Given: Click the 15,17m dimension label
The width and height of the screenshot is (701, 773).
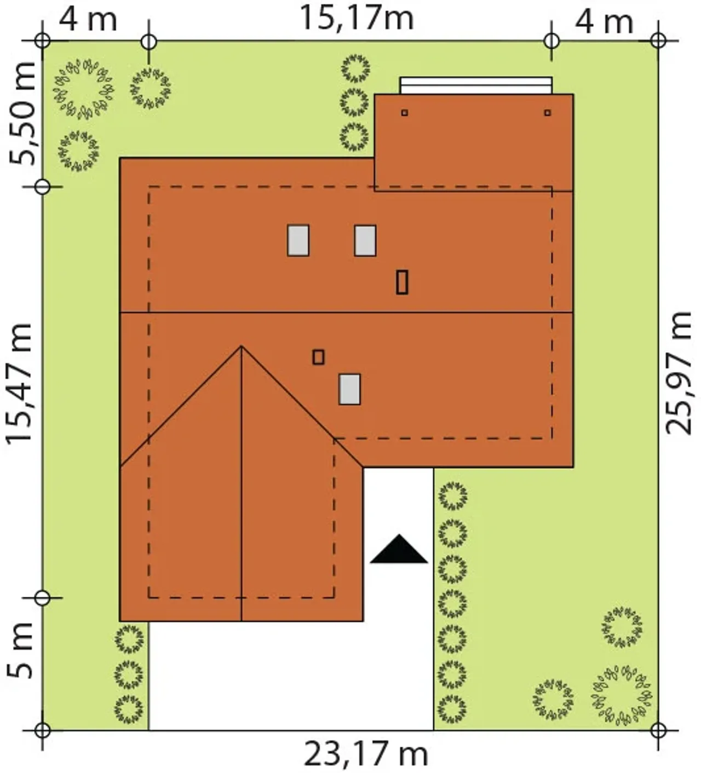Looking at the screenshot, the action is click(x=357, y=18).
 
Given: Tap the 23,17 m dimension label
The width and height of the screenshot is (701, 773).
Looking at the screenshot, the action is click(x=366, y=755).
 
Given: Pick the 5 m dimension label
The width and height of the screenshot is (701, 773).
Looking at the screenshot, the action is click(x=19, y=650).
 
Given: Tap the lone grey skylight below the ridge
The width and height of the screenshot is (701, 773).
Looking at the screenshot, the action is click(x=350, y=389).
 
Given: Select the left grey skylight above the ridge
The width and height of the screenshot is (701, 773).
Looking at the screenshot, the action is click(x=298, y=240).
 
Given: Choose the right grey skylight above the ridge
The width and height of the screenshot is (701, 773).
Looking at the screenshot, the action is click(x=365, y=240).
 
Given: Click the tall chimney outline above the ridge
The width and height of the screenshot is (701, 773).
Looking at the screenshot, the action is click(x=402, y=282).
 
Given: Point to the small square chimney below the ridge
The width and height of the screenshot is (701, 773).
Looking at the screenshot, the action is click(x=319, y=357).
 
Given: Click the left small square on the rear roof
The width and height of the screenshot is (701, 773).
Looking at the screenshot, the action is click(x=405, y=113).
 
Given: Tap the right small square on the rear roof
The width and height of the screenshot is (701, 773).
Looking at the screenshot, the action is click(x=548, y=113).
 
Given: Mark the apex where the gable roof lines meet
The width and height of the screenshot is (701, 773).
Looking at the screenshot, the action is click(x=242, y=347).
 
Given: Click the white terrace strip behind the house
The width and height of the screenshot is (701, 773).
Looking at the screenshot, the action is click(x=476, y=85).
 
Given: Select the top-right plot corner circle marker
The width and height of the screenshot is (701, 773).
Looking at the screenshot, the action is click(x=658, y=41).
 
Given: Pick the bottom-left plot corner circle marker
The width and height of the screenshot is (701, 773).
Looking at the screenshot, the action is click(x=42, y=730).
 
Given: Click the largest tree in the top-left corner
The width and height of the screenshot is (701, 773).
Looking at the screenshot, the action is click(x=83, y=89).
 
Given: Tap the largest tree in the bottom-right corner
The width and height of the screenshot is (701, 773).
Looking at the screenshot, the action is click(x=622, y=696).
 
